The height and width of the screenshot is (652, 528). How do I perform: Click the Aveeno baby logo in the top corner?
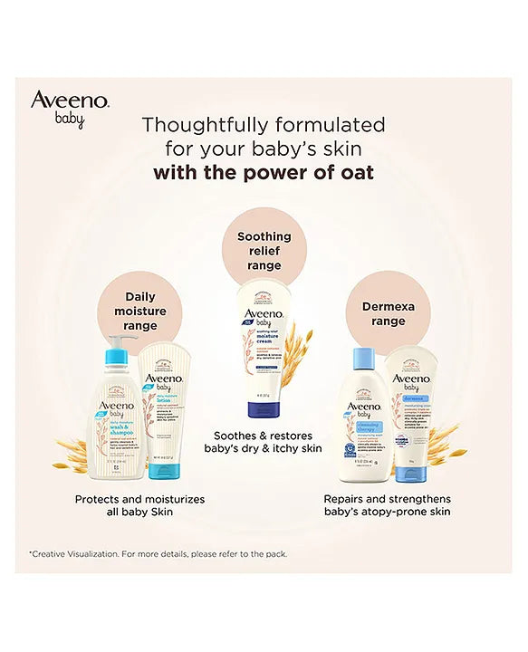70,107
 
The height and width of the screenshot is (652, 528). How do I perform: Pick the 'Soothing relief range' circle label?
264,251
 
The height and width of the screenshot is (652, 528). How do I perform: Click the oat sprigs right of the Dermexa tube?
442,444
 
